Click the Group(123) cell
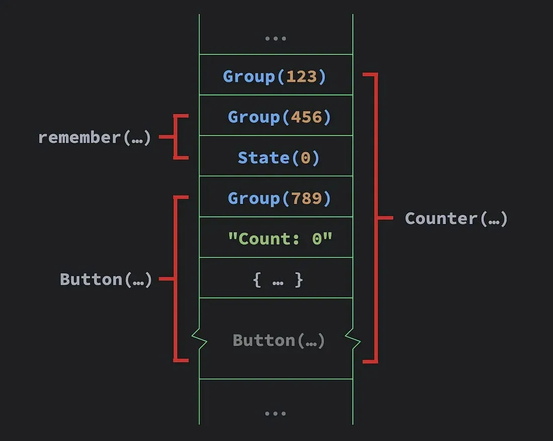(276, 75)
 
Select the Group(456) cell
(276, 115)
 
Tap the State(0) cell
(276, 156)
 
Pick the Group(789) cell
(276, 196)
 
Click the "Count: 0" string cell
(276, 237)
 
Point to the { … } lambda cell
(276, 278)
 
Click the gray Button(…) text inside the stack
(279, 341)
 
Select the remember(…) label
(95, 137)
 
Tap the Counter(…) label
(456, 218)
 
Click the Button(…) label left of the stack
(106, 279)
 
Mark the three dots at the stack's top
(276, 38)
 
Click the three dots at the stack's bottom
(275, 413)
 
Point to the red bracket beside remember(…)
(174, 137)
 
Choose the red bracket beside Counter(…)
(377, 218)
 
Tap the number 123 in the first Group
(301, 76)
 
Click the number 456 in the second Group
(306, 117)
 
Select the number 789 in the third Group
(306, 198)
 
